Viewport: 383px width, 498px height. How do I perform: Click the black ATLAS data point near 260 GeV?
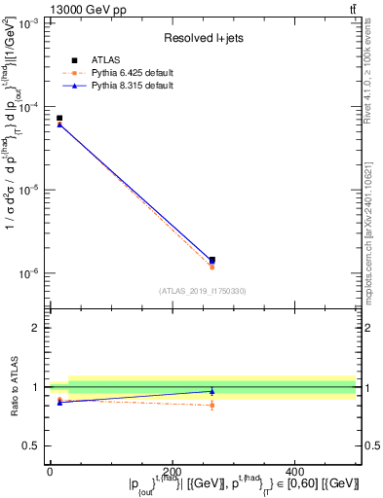click(212, 260)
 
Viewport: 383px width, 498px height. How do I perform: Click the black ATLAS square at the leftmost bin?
click(59, 118)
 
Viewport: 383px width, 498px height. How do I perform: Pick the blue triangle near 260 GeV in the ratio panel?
click(212, 391)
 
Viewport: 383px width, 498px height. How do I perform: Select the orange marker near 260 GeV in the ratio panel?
click(212, 405)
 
